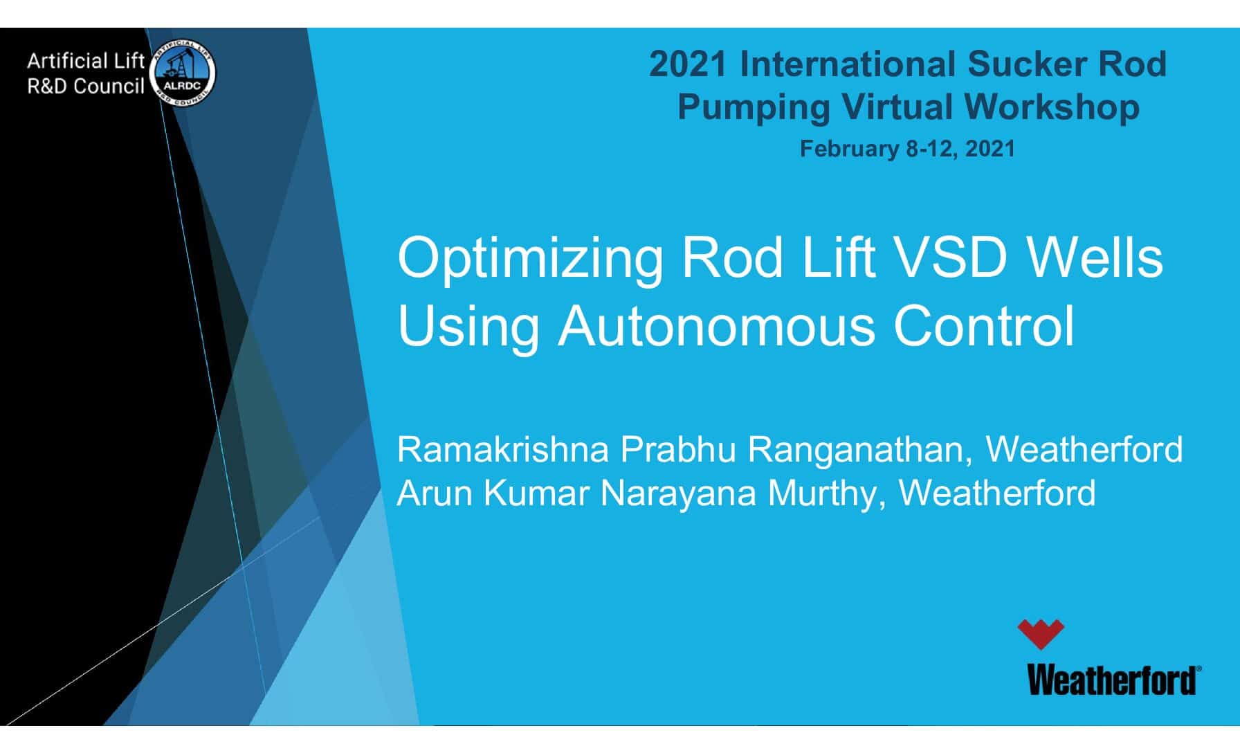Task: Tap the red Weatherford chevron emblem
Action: [x=1040, y=633]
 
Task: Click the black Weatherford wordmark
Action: [x=1113, y=680]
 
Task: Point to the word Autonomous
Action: [x=716, y=326]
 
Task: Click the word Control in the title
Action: [x=984, y=326]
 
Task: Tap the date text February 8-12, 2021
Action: [x=907, y=149]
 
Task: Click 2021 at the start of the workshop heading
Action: [x=688, y=64]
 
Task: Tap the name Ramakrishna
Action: [x=502, y=450]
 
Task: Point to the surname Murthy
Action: [x=826, y=493]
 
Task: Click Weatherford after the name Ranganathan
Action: [x=1084, y=449]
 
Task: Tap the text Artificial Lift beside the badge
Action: [x=85, y=62]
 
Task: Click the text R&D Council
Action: [x=85, y=87]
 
